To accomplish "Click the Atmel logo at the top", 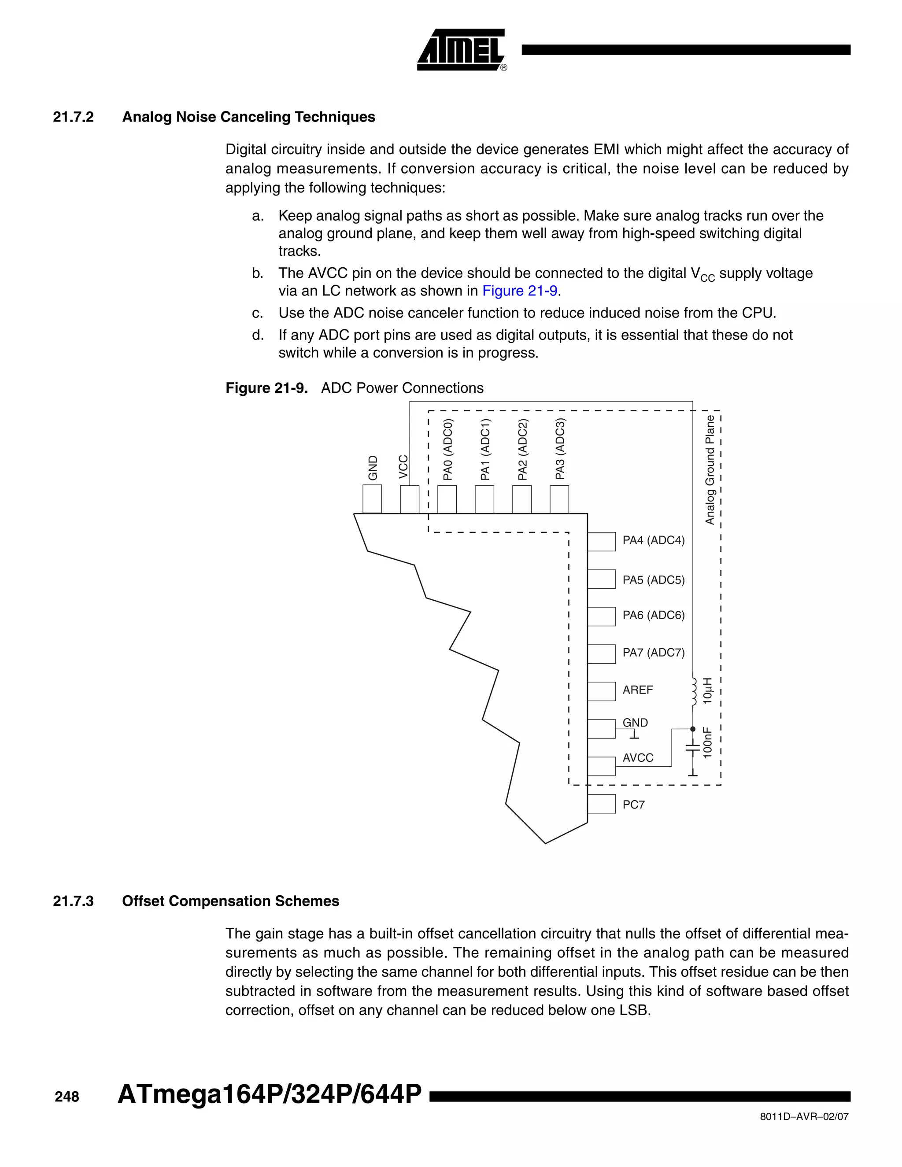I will [461, 50].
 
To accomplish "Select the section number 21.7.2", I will [73, 117].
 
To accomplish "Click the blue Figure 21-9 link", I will [519, 291].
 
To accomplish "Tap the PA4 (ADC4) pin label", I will [653, 540].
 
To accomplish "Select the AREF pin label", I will [637, 690].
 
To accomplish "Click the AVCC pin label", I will [637, 758].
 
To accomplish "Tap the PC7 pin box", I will [601, 804].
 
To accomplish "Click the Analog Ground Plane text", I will [710, 470].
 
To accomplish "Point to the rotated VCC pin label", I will [403, 466].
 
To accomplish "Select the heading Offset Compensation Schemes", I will [230, 901].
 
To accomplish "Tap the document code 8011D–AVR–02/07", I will [804, 1117].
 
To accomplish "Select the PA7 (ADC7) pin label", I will [653, 653].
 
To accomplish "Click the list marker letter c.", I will [257, 313].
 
